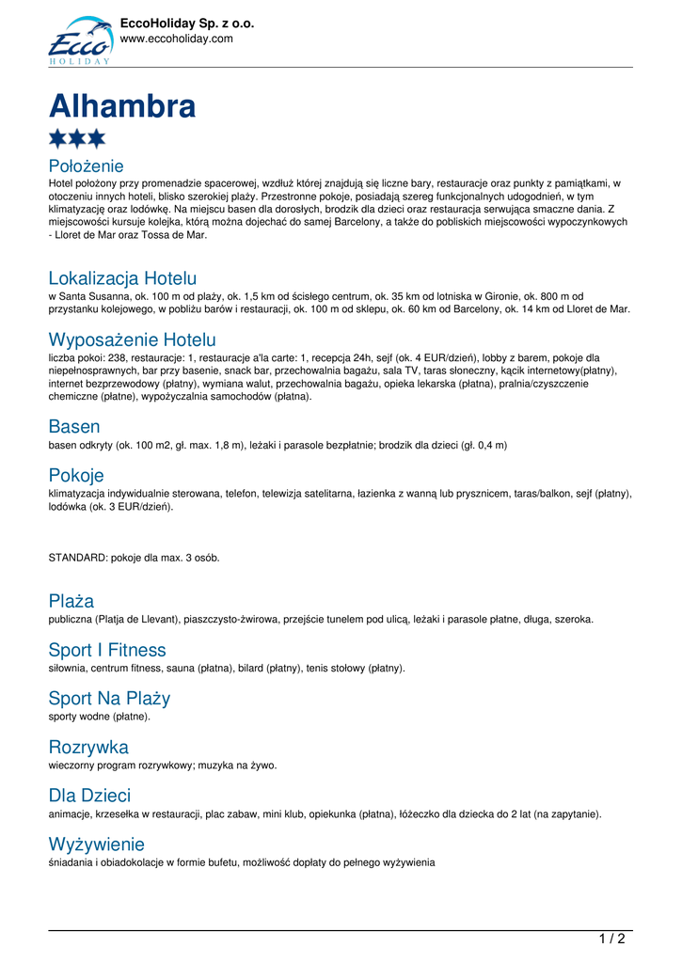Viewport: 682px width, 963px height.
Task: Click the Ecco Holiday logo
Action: click(81, 40)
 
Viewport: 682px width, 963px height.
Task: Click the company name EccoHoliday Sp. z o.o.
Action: click(187, 24)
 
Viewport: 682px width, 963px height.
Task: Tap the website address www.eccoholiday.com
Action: click(176, 39)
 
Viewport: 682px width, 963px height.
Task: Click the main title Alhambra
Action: click(122, 106)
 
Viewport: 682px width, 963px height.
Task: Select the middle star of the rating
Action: click(77, 139)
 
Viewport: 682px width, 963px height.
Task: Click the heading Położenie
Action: click(86, 166)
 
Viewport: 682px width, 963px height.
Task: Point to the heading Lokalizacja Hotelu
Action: click(122, 278)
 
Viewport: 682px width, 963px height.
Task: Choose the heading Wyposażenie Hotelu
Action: click(132, 339)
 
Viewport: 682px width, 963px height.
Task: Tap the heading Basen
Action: click(74, 426)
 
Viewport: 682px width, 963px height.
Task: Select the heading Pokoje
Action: click(76, 475)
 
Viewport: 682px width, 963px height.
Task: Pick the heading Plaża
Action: click(71, 600)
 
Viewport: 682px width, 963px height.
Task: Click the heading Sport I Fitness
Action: click(107, 650)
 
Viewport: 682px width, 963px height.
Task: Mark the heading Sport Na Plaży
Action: click(109, 699)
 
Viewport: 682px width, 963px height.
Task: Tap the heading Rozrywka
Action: click(88, 748)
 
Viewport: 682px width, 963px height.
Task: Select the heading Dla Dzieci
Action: click(89, 797)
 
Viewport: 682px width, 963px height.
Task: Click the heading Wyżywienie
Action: click(96, 845)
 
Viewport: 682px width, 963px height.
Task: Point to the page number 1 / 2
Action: click(611, 939)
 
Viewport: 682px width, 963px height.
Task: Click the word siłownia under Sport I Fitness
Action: click(67, 668)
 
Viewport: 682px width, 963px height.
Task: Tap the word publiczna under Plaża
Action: click(71, 619)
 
